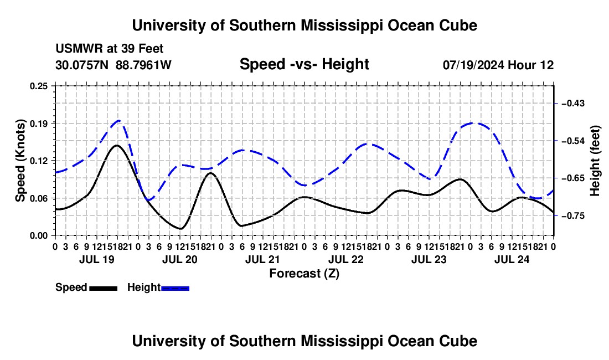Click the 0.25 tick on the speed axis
click(38, 86)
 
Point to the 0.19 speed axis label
click(38, 124)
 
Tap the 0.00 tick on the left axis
click(38, 236)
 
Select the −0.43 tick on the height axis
click(573, 104)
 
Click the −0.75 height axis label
click(573, 215)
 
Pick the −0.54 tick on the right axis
click(573, 141)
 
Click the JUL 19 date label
click(97, 259)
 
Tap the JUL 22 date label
click(346, 259)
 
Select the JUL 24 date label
click(512, 259)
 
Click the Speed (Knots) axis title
click(20, 161)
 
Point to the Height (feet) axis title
click(595, 161)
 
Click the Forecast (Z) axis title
click(304, 274)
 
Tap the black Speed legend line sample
click(104, 288)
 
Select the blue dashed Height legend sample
click(175, 288)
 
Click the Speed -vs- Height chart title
click(304, 64)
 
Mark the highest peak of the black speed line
click(116, 146)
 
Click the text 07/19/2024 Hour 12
click(498, 65)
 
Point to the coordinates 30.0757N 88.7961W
click(113, 65)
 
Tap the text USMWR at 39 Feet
click(110, 49)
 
